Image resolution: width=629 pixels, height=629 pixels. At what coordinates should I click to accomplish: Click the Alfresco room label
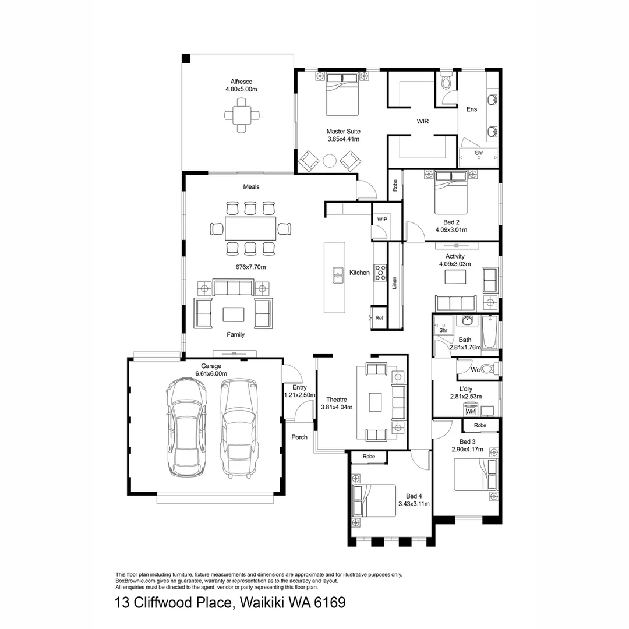(241, 82)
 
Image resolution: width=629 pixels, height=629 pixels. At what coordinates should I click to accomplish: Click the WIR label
(423, 122)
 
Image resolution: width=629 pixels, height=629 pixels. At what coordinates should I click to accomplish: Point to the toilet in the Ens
(446, 82)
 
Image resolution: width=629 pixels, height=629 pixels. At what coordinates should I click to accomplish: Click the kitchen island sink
(337, 274)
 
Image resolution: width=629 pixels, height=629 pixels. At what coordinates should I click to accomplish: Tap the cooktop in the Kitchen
(380, 273)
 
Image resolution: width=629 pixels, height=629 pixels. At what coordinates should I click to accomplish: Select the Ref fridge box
(379, 318)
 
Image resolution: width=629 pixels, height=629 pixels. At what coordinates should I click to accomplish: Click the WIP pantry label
(382, 220)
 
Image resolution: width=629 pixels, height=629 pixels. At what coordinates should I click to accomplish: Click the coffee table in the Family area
(234, 314)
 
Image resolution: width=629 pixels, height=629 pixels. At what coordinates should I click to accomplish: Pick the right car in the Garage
(239, 427)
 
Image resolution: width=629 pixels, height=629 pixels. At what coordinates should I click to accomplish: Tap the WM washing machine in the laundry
(471, 412)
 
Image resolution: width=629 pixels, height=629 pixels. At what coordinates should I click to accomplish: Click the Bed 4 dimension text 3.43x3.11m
(414, 504)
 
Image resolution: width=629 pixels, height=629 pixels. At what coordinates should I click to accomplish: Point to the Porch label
(299, 437)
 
